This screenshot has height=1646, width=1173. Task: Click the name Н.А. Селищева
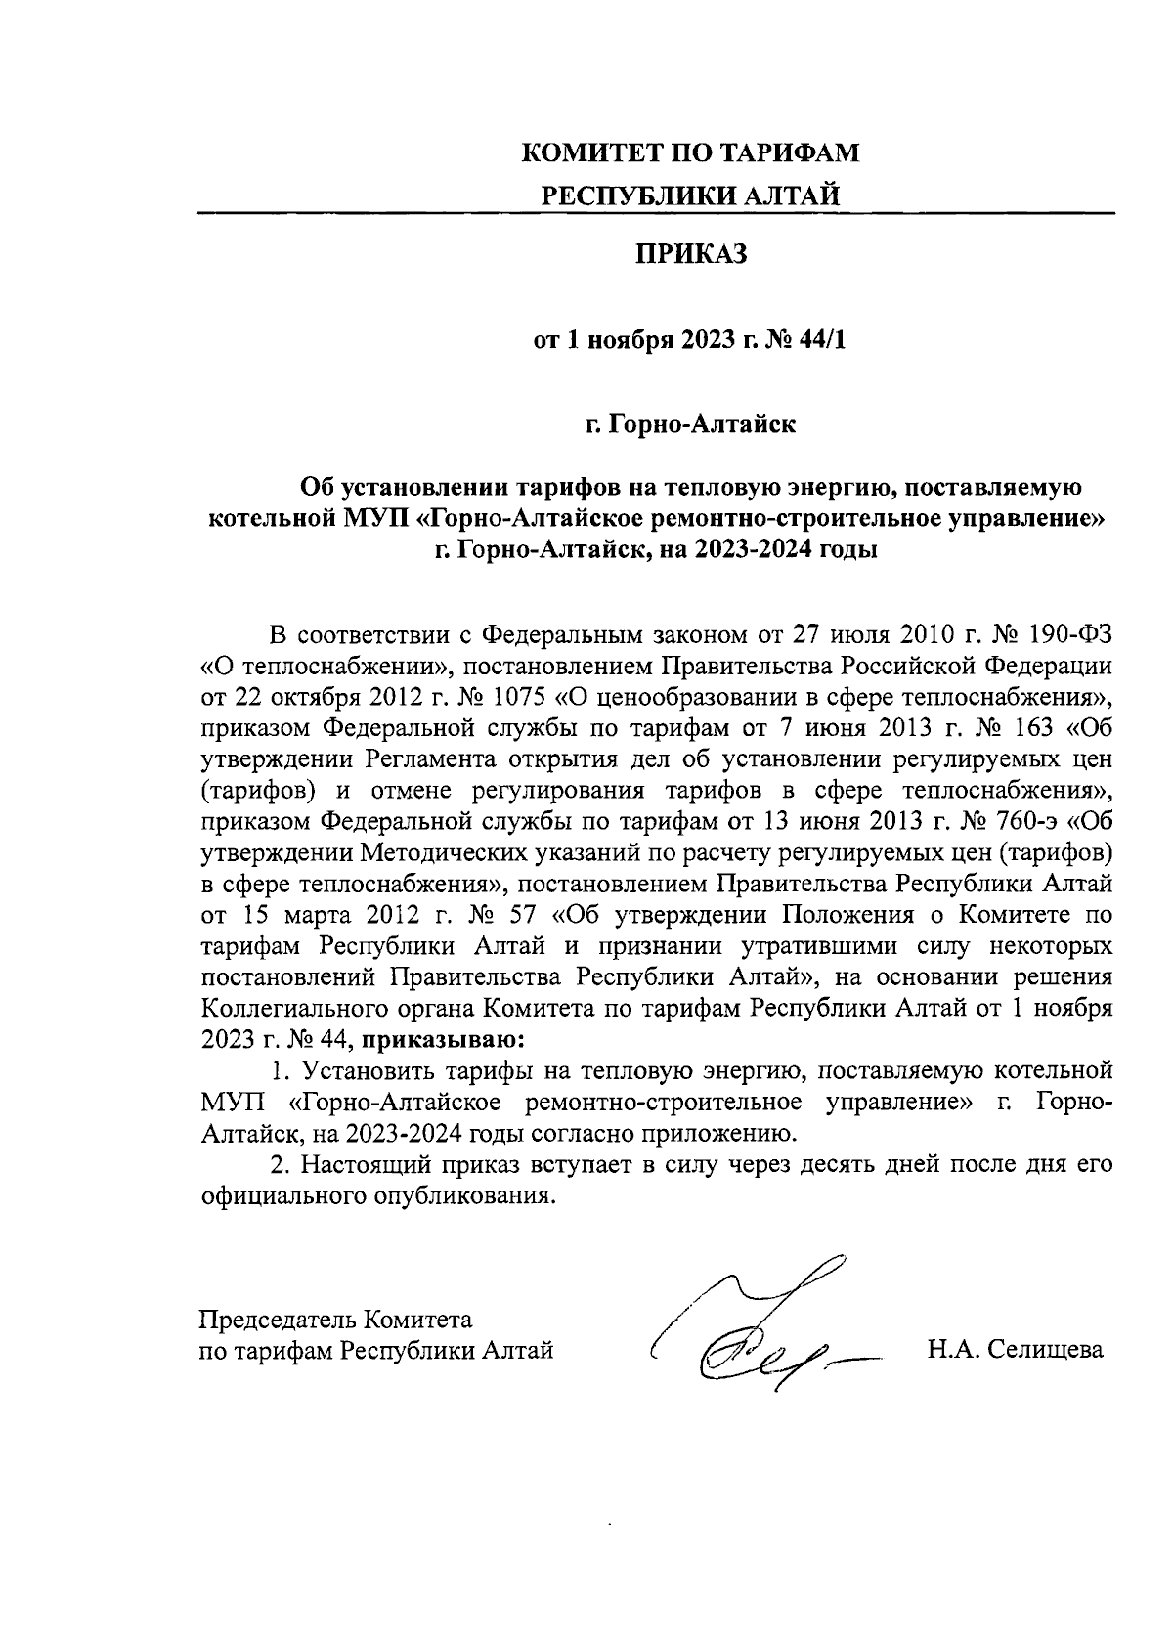pyautogui.click(x=1015, y=1351)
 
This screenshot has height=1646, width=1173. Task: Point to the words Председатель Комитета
pyautogui.click(x=335, y=1320)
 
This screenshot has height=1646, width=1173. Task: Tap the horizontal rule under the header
pyautogui.click(x=655, y=213)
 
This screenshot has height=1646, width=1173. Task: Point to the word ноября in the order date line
pyautogui.click(x=630, y=340)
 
